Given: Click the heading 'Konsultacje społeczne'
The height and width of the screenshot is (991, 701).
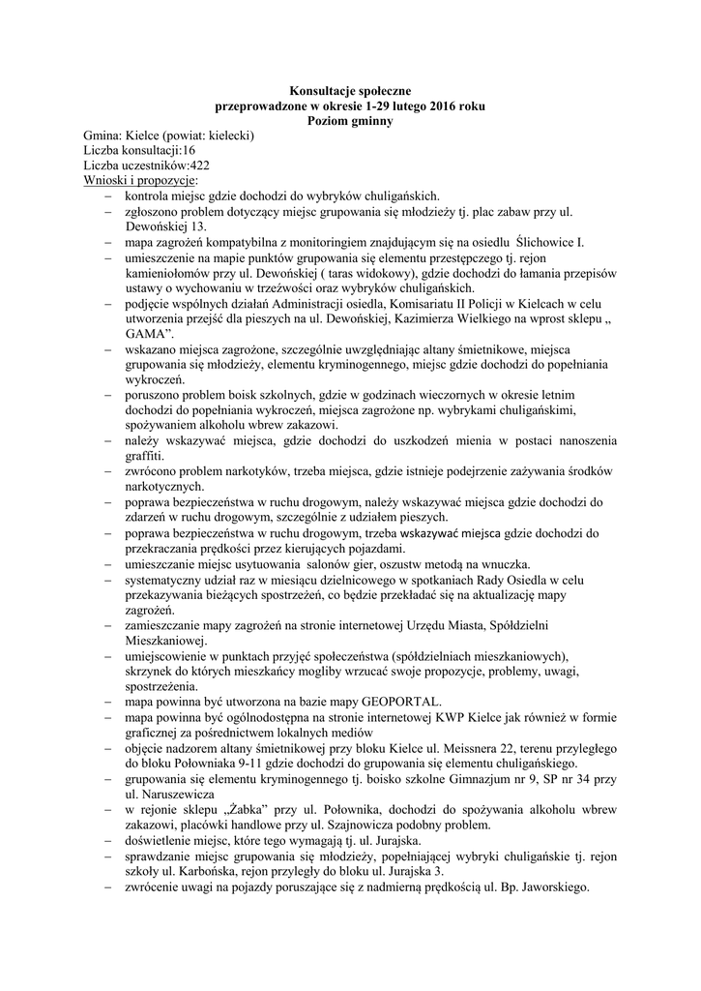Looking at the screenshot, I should [350, 90].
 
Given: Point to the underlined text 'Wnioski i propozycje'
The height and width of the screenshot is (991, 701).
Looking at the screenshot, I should [139, 181].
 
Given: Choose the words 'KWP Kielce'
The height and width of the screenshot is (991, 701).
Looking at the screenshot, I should [478, 717].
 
